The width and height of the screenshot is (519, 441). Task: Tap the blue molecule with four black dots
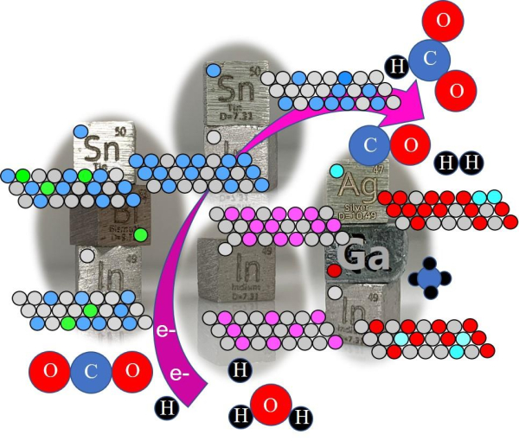coord(430,278)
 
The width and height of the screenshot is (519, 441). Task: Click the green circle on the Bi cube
coord(141,234)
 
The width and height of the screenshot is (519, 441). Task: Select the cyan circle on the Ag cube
coord(336,171)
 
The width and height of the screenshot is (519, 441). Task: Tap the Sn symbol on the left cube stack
coord(94,150)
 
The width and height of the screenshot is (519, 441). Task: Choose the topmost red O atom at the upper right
coord(445,20)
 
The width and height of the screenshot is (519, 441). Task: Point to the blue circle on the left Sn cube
coord(81,132)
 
